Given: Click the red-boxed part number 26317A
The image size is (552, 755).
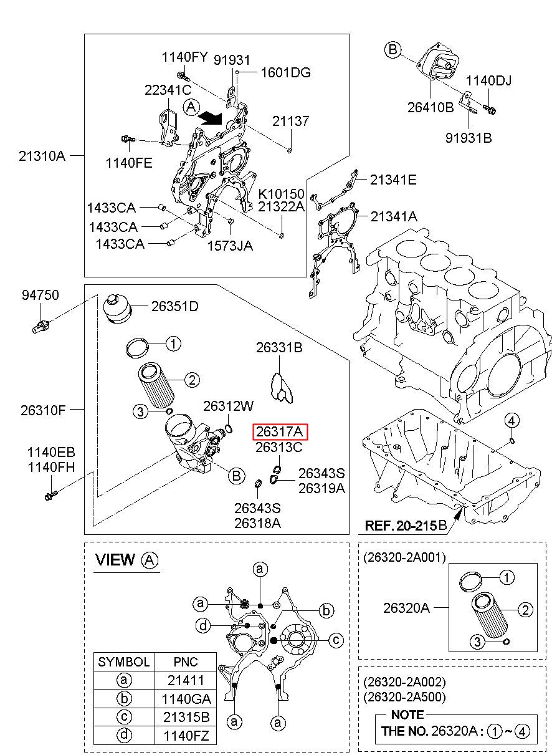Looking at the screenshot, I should coord(280,432).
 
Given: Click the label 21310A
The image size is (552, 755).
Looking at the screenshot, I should coord(41,156).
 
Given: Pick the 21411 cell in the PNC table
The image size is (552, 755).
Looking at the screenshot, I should coord(185,680).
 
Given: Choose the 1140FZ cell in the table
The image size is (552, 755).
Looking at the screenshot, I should coord(185,735).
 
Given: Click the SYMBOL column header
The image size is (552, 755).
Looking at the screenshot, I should coord(124,661).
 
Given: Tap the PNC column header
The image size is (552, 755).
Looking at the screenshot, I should coord(185,661).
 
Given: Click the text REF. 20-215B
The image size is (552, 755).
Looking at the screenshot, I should coord(406,526).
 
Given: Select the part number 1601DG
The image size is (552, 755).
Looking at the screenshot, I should coord(285,72).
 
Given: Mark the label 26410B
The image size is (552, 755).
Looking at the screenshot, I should coord(431,107).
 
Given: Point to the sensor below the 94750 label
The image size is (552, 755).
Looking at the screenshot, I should coord(42,325).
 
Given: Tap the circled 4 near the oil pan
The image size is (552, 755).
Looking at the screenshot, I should coord(512,420).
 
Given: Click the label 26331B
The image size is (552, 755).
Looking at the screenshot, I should coord(279,348).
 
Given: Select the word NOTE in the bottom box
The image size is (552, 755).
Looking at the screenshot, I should coord(407,714).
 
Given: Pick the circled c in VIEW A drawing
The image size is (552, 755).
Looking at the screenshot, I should coord(335,639).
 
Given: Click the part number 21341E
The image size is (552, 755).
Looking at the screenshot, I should coord(393,180).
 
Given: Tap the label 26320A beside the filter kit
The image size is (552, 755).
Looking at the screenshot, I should coord(406,607).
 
